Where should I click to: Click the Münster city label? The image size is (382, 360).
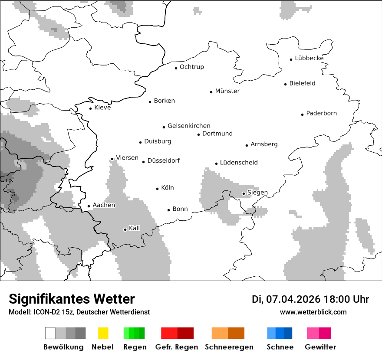point(227,91)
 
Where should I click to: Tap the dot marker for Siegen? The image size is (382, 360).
point(244,193)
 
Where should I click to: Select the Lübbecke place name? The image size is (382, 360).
point(309,58)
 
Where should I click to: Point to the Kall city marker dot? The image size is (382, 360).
point(125,229)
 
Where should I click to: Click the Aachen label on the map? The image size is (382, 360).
point(104,205)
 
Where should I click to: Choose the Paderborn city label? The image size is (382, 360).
point(321,113)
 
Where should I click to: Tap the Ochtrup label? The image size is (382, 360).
point(191,67)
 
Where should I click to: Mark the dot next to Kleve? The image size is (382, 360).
point(90,108)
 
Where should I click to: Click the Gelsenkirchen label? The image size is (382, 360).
point(189,126)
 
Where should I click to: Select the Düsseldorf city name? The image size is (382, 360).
point(163,160)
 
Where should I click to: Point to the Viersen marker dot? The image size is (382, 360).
point(112,159)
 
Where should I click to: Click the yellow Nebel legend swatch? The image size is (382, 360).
point(103,333)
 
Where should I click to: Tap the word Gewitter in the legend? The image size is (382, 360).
point(320,347)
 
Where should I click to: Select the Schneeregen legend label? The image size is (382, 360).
point(229,347)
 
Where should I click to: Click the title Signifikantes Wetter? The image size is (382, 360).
point(72,299)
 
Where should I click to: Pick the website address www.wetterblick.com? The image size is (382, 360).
point(313,312)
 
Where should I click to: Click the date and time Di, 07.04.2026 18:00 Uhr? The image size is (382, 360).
point(310,299)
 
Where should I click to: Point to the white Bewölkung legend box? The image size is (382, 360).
point(50,333)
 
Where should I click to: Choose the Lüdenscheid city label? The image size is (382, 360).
point(239,163)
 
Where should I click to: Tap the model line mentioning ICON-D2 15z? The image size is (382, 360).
point(79,312)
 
